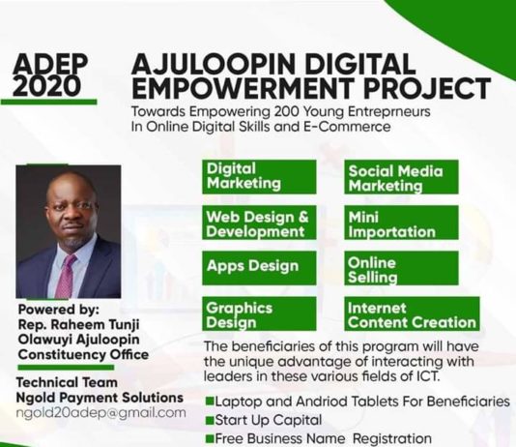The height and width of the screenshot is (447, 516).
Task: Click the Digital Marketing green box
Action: [x=259, y=176]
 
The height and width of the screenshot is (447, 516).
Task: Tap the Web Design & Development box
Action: [x=259, y=223]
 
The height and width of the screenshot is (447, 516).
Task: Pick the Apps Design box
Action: [x=259, y=267]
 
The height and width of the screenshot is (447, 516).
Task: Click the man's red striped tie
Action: [x=66, y=277]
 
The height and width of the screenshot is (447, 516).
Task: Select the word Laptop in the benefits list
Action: [x=241, y=401]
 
